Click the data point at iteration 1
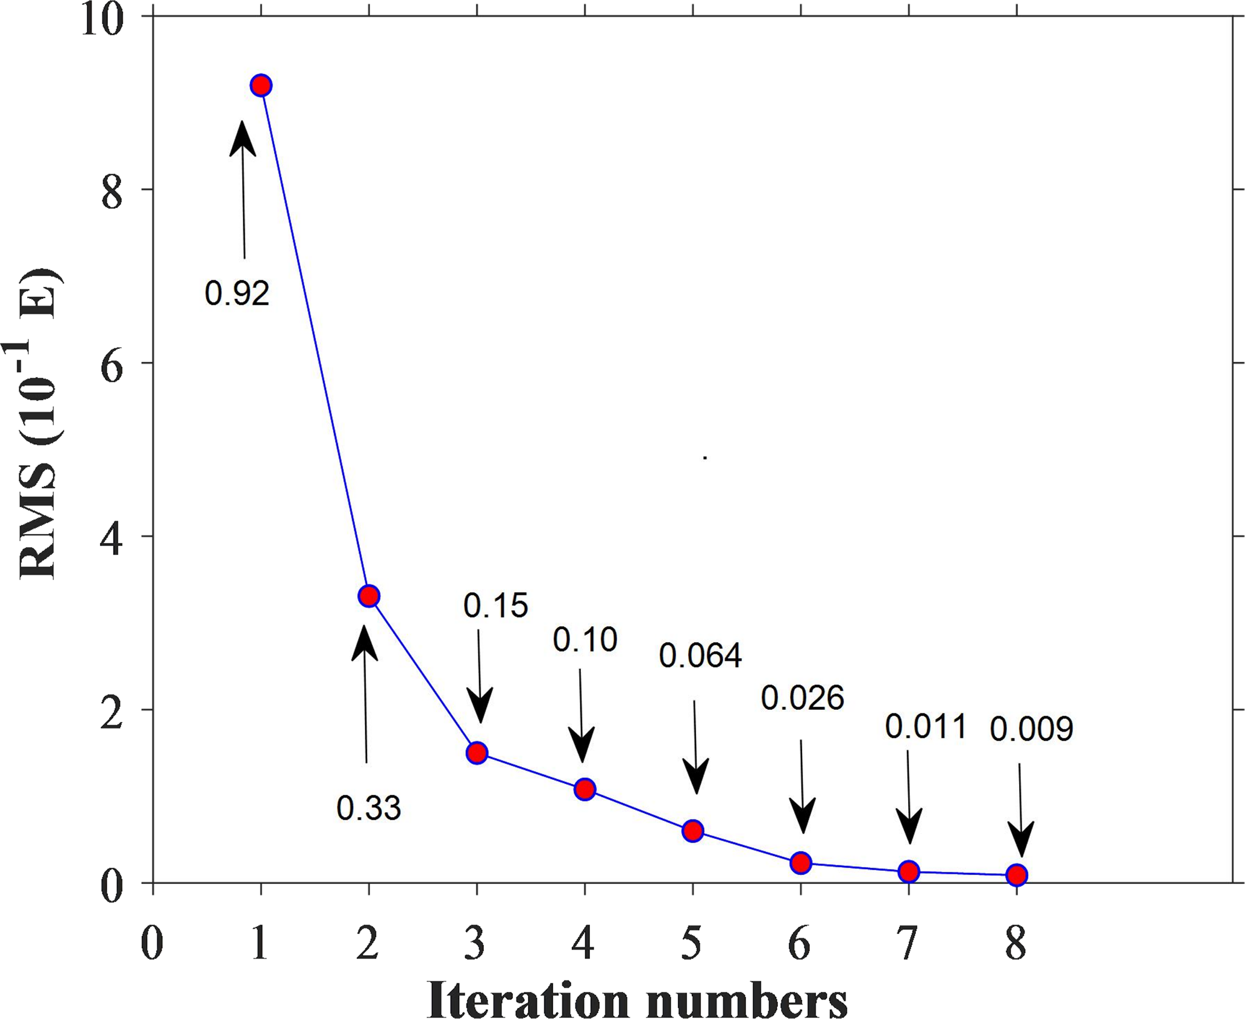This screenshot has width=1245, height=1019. (261, 86)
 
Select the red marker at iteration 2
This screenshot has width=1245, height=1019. (369, 596)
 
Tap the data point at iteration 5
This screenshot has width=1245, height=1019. (693, 831)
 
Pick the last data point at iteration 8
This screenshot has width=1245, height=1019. (1017, 874)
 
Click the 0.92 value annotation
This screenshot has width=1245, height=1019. (237, 294)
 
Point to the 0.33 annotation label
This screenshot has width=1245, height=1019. (368, 808)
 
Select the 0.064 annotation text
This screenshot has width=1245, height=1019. (700, 656)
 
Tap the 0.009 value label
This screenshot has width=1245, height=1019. (1032, 730)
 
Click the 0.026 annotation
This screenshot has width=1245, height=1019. (802, 698)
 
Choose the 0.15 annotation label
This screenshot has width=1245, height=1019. (495, 606)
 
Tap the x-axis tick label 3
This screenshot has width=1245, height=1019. (476, 944)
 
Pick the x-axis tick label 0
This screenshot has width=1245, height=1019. (152, 944)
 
